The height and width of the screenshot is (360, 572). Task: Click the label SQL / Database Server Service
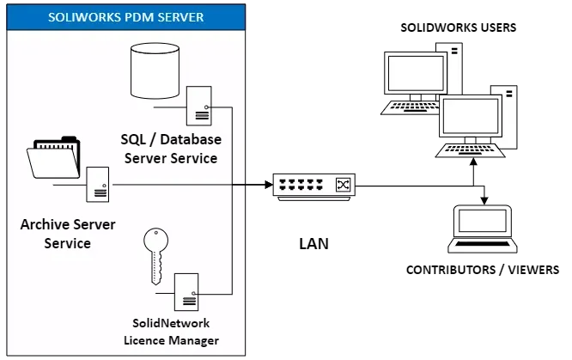pos(170,148)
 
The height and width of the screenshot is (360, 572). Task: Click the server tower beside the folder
pos(98,184)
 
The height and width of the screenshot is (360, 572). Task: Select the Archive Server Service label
pos(55,235)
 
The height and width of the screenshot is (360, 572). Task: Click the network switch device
pos(314,186)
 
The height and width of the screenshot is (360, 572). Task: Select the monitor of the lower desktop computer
pos(469,116)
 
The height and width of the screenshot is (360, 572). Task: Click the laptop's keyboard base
pos(484,246)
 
